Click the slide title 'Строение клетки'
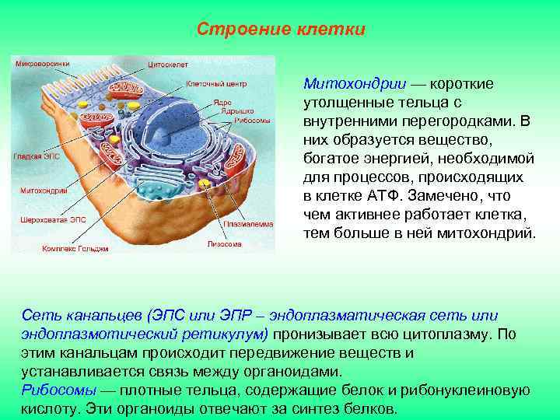point(281,30)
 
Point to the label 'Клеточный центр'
point(209,83)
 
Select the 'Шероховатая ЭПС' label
point(52,219)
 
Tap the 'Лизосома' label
point(224,243)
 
